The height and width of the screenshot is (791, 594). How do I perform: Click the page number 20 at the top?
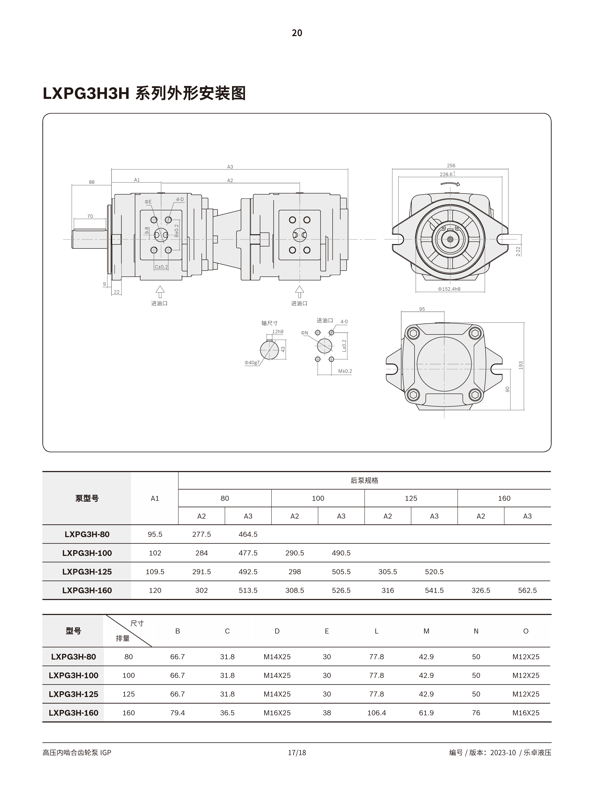(x=297, y=33)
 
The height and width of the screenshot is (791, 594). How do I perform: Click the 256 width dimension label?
(x=451, y=166)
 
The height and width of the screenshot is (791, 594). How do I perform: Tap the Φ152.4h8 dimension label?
(x=449, y=289)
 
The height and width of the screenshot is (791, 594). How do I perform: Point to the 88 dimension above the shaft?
(x=92, y=182)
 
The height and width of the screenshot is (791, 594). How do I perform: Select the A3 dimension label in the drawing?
(x=230, y=167)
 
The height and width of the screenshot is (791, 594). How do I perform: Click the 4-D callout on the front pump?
(x=180, y=199)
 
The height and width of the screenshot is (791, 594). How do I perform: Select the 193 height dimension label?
(x=521, y=365)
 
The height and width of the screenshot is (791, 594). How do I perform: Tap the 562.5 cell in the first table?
(x=527, y=590)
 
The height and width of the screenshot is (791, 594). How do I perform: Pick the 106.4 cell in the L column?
(x=376, y=713)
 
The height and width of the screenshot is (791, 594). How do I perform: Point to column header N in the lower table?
(x=476, y=631)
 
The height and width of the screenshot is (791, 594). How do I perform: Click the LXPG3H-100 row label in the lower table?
(x=73, y=675)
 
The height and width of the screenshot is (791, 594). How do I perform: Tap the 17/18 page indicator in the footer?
(x=297, y=752)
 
